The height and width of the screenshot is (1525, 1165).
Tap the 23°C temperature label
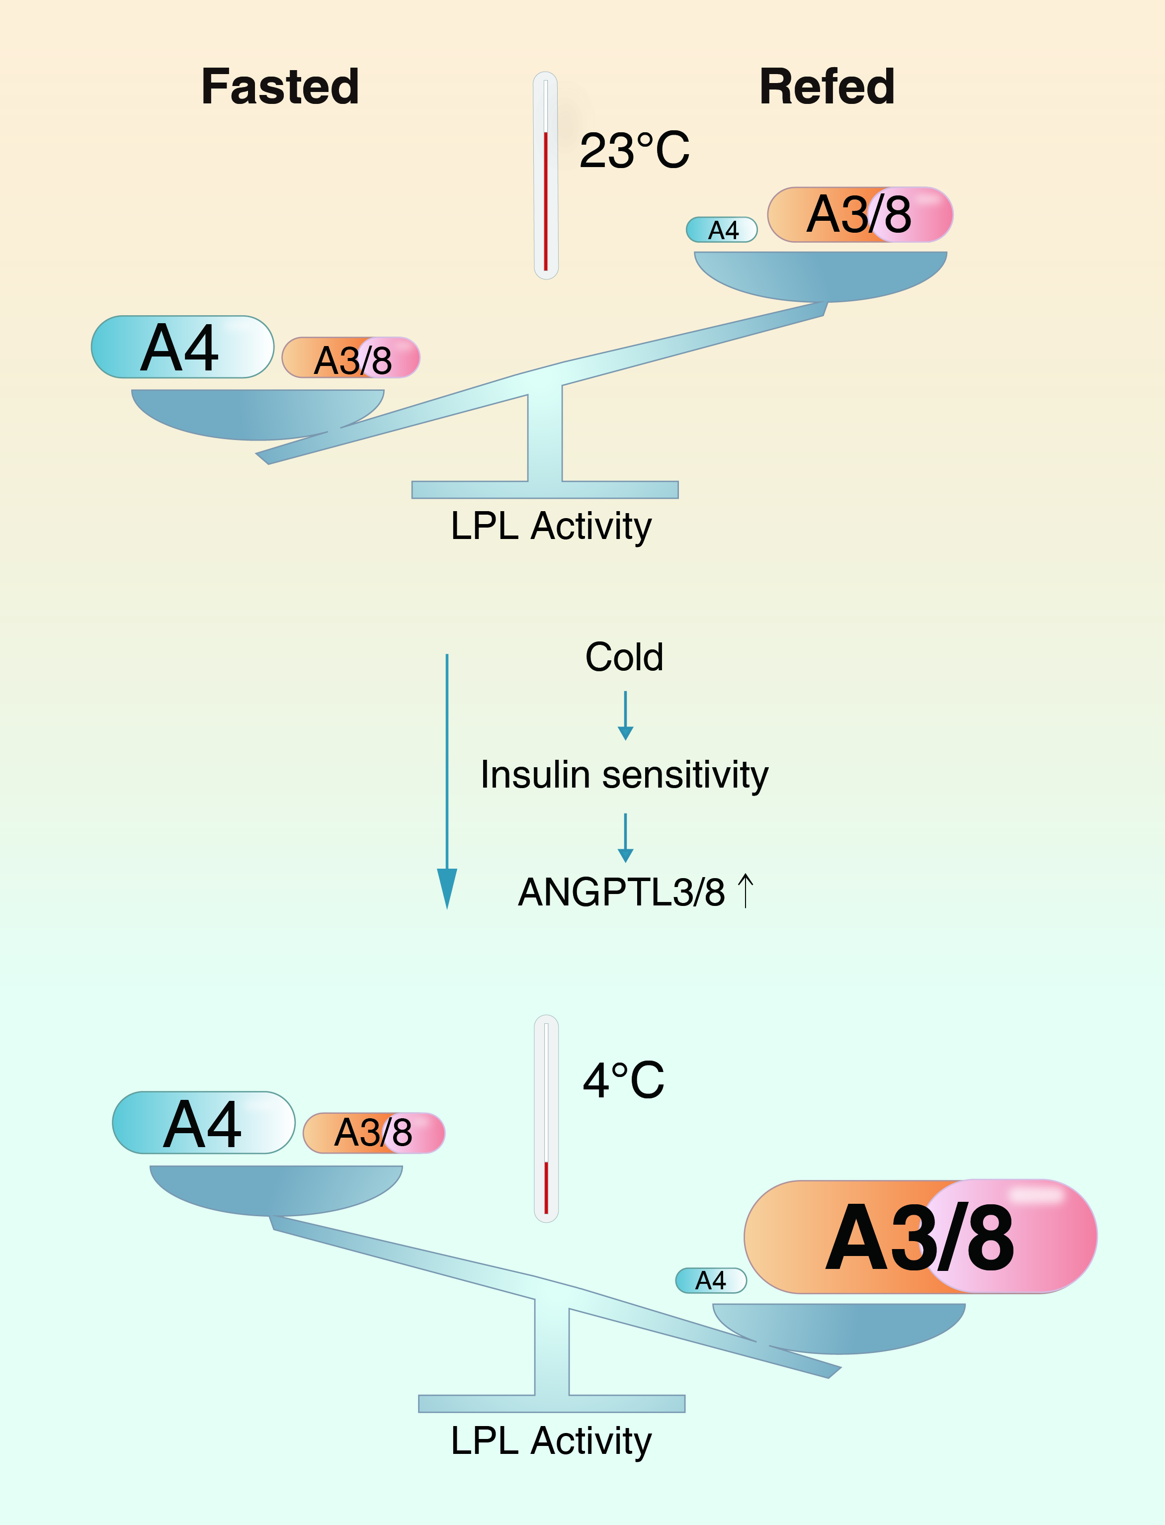635,151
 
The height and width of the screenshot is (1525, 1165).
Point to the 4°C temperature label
623,1080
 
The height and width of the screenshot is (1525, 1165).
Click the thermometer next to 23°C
546,175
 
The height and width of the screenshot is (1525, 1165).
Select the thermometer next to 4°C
546,1118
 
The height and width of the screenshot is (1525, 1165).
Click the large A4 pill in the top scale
182,347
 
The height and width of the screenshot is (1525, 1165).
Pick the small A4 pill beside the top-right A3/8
721,230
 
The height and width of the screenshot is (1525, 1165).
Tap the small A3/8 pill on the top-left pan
351,358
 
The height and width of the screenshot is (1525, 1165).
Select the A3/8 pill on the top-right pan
860,214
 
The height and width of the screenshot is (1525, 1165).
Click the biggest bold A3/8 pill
920,1237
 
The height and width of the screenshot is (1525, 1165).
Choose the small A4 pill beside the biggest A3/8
711,1280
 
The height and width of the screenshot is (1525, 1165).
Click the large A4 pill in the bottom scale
203,1123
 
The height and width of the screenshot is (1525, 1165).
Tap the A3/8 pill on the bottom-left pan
374,1133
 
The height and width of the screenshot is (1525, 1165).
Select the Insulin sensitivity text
624,775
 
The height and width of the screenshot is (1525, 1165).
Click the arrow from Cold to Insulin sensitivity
626,716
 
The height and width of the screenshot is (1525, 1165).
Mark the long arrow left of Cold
447,781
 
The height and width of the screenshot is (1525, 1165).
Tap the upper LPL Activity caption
551,527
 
